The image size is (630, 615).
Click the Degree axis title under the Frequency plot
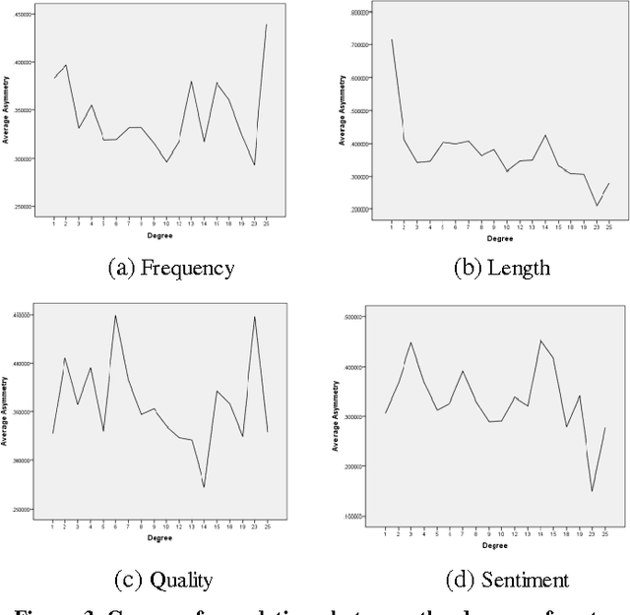click(x=160, y=236)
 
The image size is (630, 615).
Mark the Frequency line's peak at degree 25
click(x=267, y=25)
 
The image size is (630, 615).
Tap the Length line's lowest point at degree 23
click(x=596, y=206)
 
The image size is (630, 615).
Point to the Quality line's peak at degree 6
click(x=116, y=316)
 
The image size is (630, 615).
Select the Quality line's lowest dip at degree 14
click(x=204, y=487)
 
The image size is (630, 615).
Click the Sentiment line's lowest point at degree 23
click(x=593, y=491)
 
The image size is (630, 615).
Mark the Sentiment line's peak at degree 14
click(x=540, y=340)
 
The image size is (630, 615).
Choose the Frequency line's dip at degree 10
click(x=166, y=161)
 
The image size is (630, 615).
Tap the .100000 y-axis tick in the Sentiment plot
click(x=350, y=517)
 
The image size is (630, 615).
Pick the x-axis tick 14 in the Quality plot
click(x=204, y=526)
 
